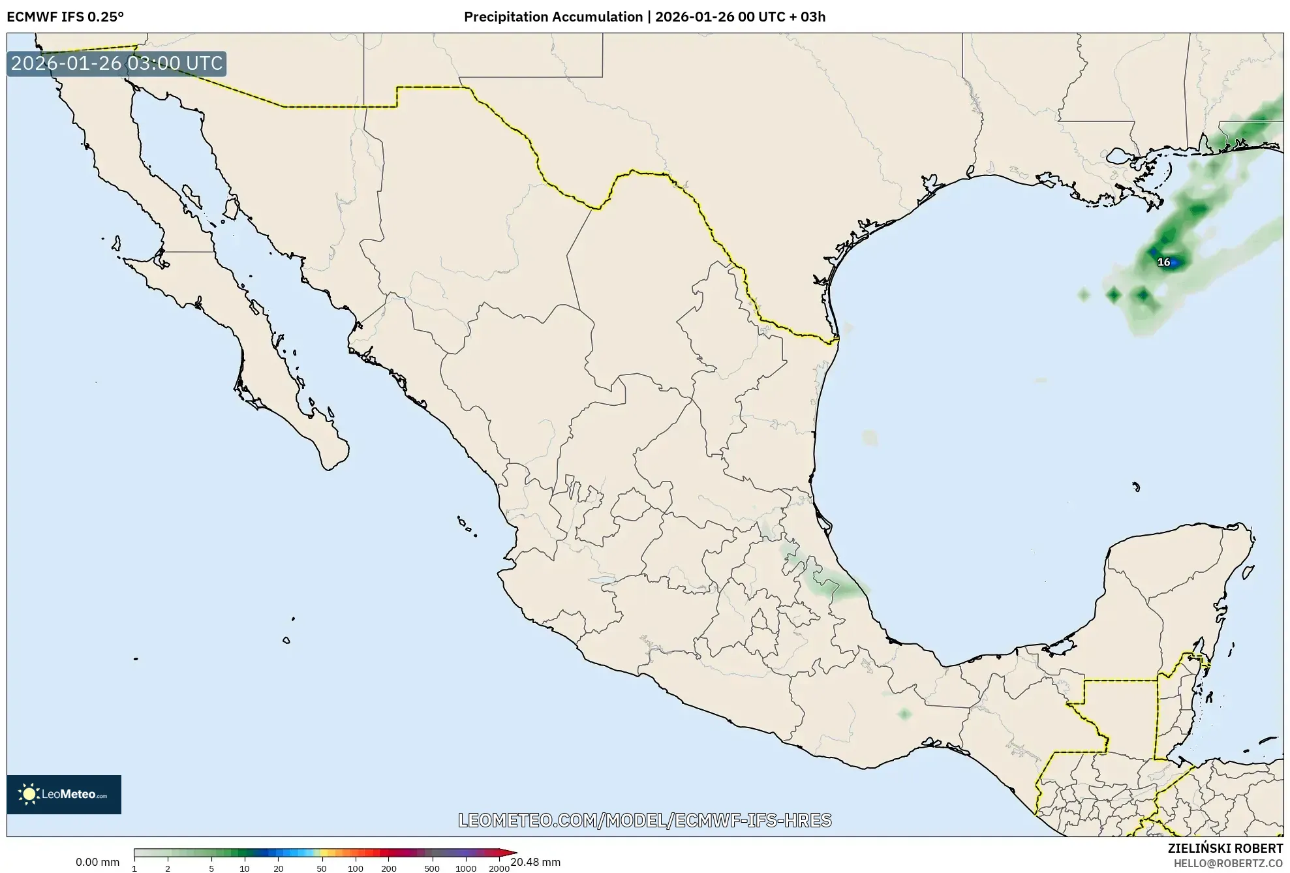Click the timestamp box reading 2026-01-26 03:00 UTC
click(x=117, y=64)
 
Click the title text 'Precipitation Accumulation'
click(x=553, y=17)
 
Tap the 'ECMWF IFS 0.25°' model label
click(x=65, y=17)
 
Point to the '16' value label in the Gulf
click(x=1163, y=262)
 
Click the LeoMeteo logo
click(x=64, y=794)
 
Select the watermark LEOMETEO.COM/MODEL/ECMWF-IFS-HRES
click(x=645, y=820)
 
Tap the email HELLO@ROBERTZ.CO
click(x=1228, y=863)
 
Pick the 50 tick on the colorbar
click(x=321, y=868)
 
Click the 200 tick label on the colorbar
click(x=389, y=868)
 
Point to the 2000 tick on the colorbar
click(x=499, y=868)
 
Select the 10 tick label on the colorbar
click(x=245, y=868)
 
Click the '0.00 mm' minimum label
click(x=98, y=863)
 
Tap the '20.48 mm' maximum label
click(x=535, y=863)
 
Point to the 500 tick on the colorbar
click(x=432, y=868)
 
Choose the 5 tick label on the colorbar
click(x=211, y=868)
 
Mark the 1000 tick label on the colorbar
click(x=466, y=868)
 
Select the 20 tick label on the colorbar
click(x=279, y=868)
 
